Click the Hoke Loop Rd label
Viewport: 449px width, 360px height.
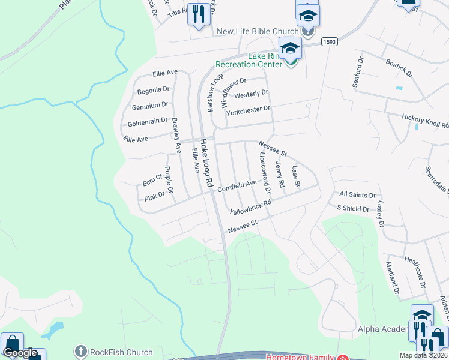coord(206,163)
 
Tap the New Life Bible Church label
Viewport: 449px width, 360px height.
coord(258,31)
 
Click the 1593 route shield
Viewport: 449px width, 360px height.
coord(328,41)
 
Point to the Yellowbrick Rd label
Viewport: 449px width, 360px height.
coord(250,207)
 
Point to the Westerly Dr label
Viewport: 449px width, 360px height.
coord(251,94)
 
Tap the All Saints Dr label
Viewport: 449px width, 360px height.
coord(357,195)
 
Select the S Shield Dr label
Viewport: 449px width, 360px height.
coord(353,208)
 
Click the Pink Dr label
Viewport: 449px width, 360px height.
coord(154,196)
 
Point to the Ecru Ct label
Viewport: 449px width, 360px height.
coord(152,179)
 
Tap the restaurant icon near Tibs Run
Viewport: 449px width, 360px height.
coord(199,14)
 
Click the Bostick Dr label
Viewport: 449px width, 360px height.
coord(399,68)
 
